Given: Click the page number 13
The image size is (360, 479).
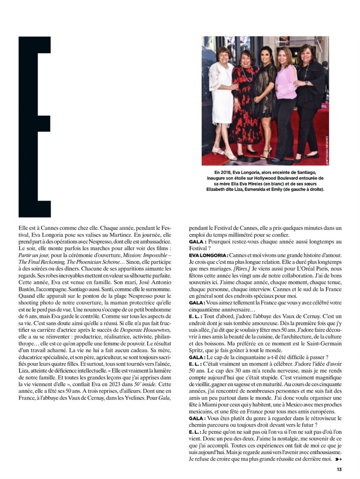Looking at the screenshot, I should click(x=339, y=469).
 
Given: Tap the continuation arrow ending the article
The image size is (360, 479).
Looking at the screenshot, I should click(x=338, y=459).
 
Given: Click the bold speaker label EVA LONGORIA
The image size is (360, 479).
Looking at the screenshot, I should click(x=208, y=255).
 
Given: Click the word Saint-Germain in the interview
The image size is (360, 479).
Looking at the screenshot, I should click(x=325, y=343).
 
